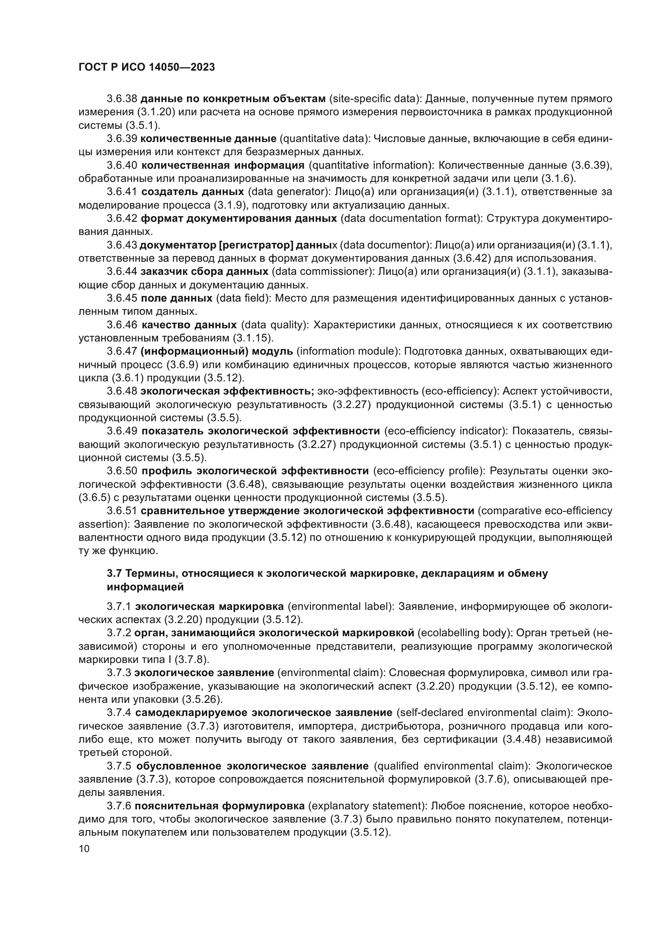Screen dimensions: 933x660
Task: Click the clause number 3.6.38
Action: [x=122, y=99]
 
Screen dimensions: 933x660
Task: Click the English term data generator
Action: [x=289, y=192]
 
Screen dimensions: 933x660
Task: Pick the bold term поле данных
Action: [x=176, y=298]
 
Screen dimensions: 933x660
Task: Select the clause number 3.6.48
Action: [x=122, y=391]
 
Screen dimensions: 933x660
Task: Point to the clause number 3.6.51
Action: [x=122, y=511]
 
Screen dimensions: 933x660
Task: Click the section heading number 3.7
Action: [x=114, y=573]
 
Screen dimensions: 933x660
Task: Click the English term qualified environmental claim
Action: [x=452, y=766]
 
